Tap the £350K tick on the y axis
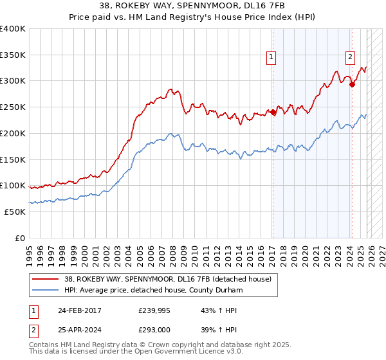tap(13, 55)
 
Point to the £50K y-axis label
tap(15, 212)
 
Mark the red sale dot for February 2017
tap(273, 113)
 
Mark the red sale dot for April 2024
tap(352, 84)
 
